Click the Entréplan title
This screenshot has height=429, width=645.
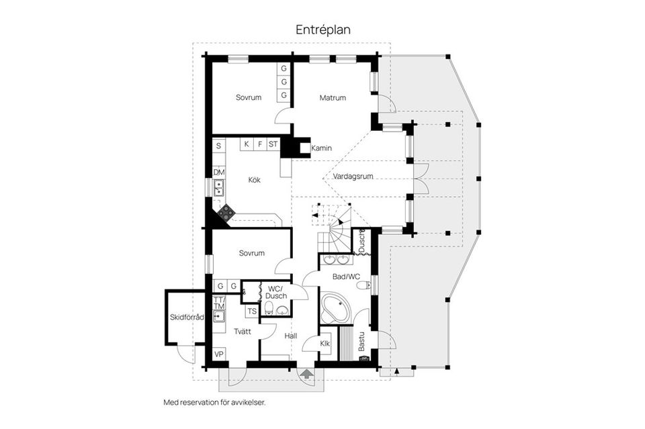click(323, 30)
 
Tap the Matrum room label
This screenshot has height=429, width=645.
click(333, 98)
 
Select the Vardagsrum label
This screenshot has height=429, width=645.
click(353, 177)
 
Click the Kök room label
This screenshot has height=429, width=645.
click(254, 179)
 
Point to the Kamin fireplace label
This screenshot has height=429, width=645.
click(321, 148)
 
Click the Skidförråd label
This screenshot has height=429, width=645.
click(187, 318)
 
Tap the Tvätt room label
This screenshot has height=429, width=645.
click(243, 331)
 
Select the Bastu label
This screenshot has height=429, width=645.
click(361, 341)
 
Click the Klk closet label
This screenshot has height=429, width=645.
click(325, 344)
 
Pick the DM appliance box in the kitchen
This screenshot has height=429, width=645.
click(219, 172)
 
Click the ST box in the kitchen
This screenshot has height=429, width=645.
click(273, 144)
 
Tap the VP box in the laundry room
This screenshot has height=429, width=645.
click(219, 354)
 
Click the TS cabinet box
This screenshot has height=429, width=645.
click(252, 311)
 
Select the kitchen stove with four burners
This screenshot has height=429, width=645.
click(226, 212)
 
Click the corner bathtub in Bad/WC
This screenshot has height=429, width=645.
click(335, 308)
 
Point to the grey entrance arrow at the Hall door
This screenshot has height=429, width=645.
click(306, 373)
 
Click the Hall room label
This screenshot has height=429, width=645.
click(291, 336)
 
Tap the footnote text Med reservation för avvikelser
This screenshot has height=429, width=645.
click(215, 402)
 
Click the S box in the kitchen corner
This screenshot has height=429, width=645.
click(219, 146)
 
